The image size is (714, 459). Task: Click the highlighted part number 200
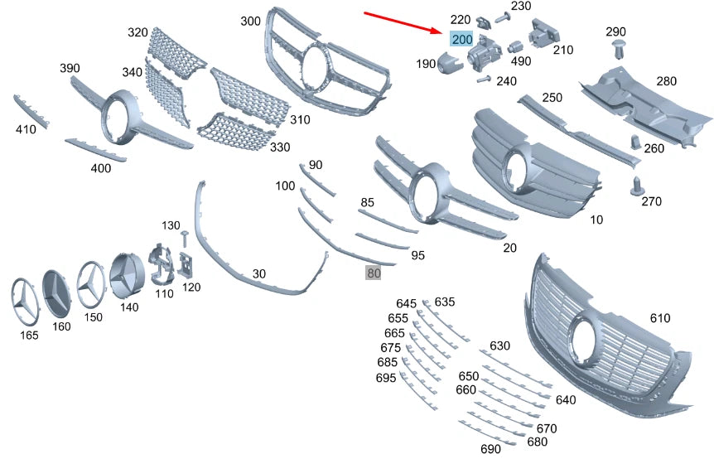[461, 39]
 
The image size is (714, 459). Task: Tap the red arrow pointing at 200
[405, 22]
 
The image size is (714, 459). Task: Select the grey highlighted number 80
[374, 272]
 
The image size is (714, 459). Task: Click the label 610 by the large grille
[660, 318]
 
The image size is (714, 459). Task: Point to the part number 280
[667, 81]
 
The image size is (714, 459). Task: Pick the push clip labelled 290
[616, 50]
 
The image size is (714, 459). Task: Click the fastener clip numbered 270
[638, 186]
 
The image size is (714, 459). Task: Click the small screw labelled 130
[184, 238]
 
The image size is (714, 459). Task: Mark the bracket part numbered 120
[187, 263]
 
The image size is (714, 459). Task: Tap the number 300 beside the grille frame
[250, 20]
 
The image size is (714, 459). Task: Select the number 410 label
[26, 129]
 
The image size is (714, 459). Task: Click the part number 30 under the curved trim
[259, 273]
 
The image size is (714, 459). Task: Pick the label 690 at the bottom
[491, 449]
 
